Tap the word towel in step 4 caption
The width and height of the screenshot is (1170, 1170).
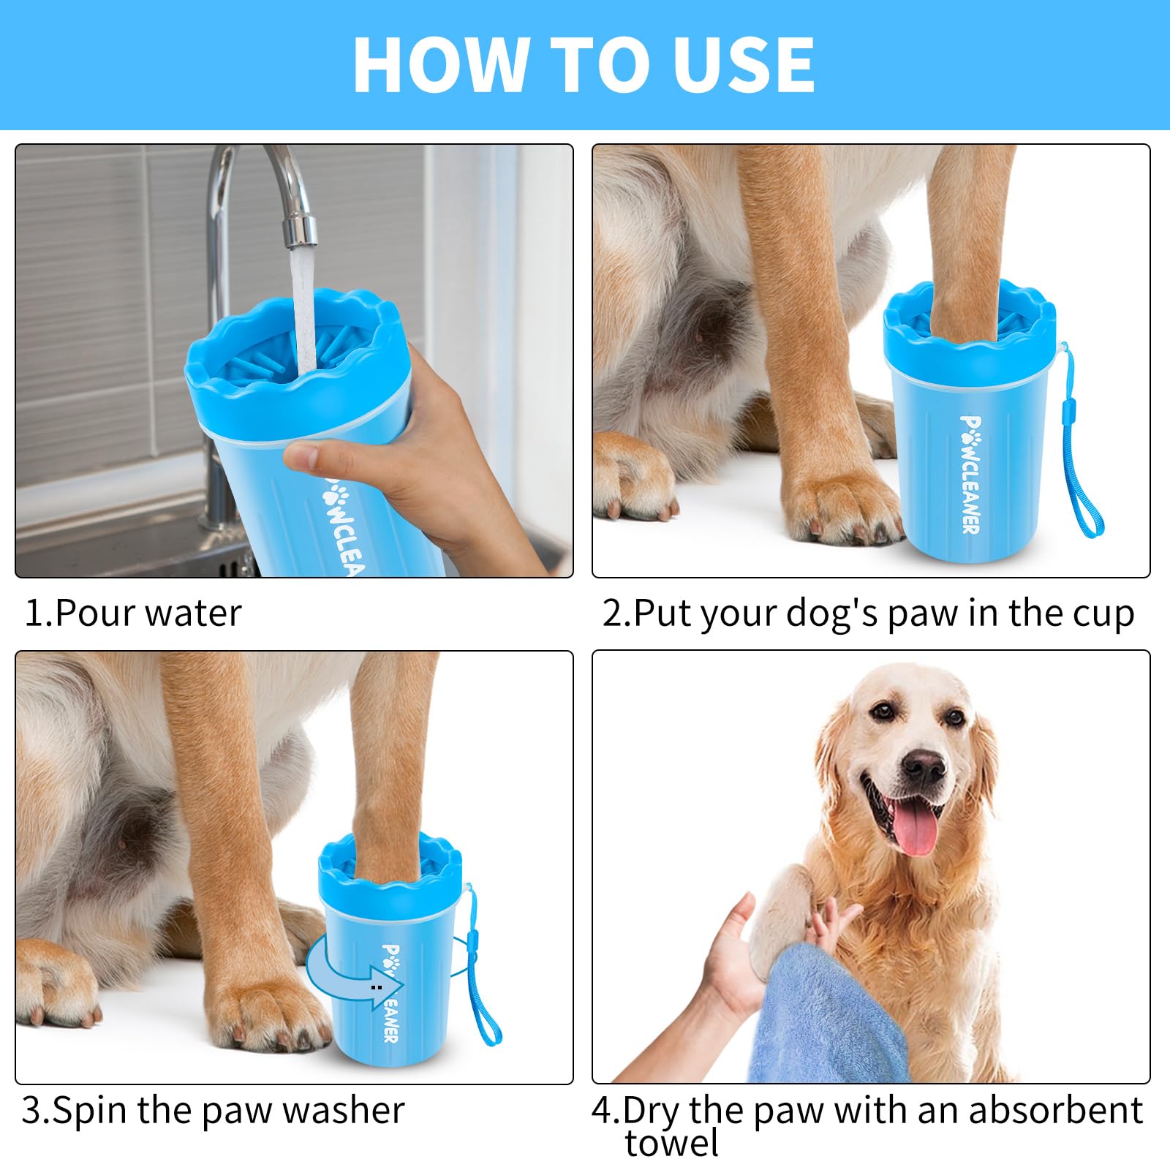click(x=671, y=1143)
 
